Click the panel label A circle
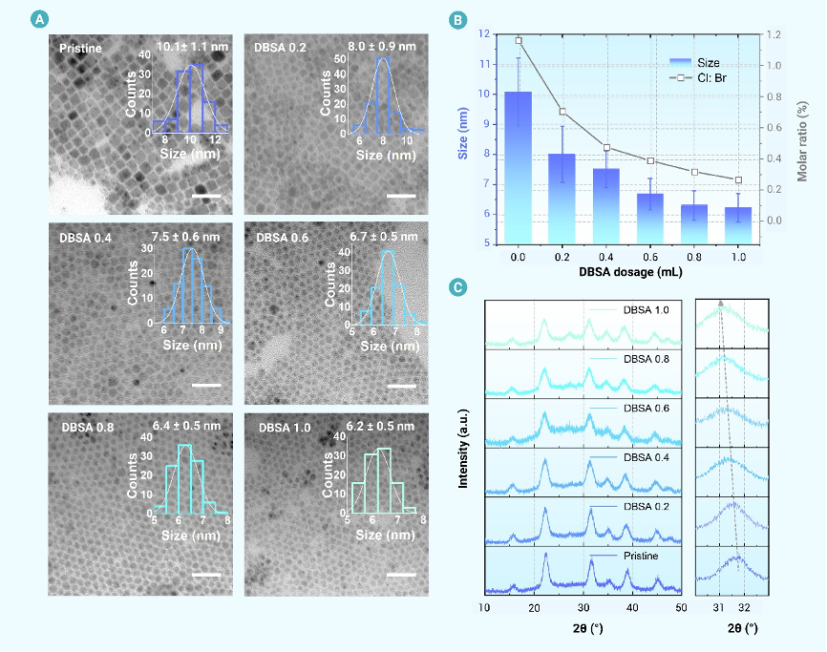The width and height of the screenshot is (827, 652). (x=38, y=19)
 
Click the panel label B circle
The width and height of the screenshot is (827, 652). (x=459, y=19)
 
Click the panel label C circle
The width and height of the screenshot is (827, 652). (x=459, y=285)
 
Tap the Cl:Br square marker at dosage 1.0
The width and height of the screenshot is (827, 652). (x=738, y=179)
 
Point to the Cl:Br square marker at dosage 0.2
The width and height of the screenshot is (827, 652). (x=562, y=112)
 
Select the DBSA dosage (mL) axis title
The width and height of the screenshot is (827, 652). (x=627, y=272)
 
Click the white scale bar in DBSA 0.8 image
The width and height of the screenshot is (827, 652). (x=206, y=576)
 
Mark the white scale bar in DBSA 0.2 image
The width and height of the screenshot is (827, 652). (x=402, y=196)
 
